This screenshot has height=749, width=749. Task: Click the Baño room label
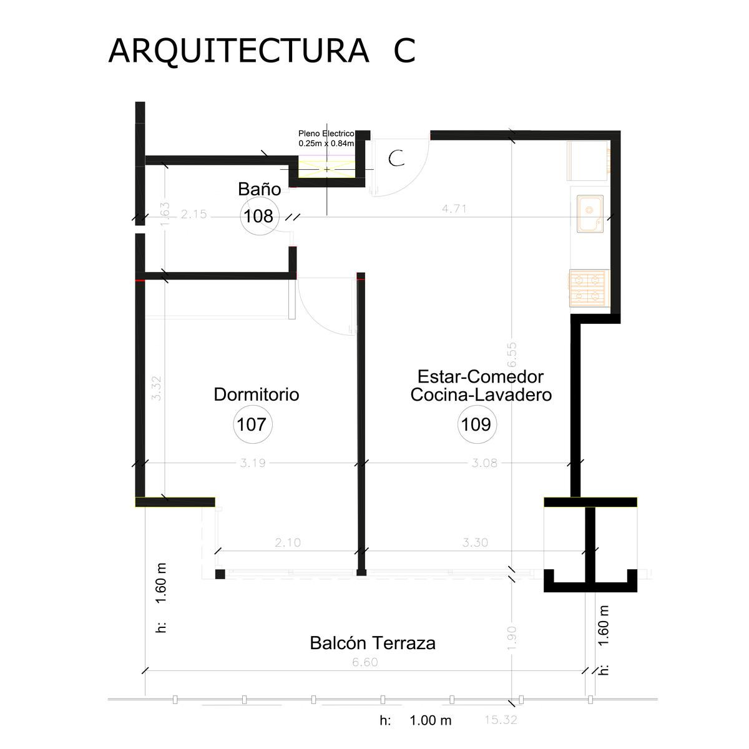point(259,189)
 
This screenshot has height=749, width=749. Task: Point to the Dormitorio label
point(256,394)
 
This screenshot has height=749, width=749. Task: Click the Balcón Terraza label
point(373,644)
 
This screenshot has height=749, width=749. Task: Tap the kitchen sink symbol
point(590,214)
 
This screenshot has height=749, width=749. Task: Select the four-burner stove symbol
point(588,288)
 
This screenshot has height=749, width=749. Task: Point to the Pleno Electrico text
point(326,134)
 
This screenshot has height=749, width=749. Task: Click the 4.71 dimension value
point(454,208)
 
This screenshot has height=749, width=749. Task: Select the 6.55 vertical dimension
point(512,355)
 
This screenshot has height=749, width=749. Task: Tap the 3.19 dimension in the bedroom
point(253,463)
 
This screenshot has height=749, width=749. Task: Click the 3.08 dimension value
point(484,463)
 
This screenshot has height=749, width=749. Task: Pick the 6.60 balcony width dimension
point(365,662)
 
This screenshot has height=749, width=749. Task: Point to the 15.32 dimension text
point(501,720)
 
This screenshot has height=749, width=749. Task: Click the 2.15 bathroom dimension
point(193,214)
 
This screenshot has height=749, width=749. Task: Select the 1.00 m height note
point(430,720)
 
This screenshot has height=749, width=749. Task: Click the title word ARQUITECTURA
point(238,51)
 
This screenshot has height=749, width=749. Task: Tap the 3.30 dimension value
point(475,542)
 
